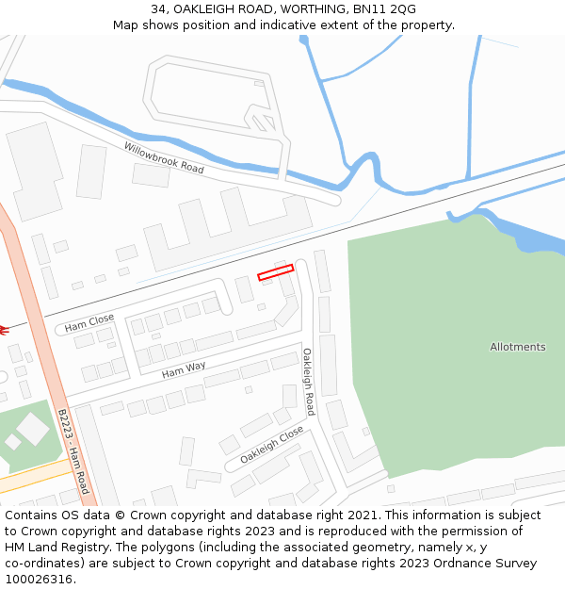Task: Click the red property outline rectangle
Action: [x=276, y=272]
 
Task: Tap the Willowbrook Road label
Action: [x=164, y=157]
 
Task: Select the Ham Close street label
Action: [x=89, y=323]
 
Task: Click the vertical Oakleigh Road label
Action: [x=308, y=382]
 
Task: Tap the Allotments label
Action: [x=517, y=347]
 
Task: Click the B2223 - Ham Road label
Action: [x=73, y=451]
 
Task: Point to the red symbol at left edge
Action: [x=3, y=330]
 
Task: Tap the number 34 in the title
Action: [x=158, y=9]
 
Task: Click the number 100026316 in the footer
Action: [x=39, y=580]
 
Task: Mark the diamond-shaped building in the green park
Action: [x=32, y=430]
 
